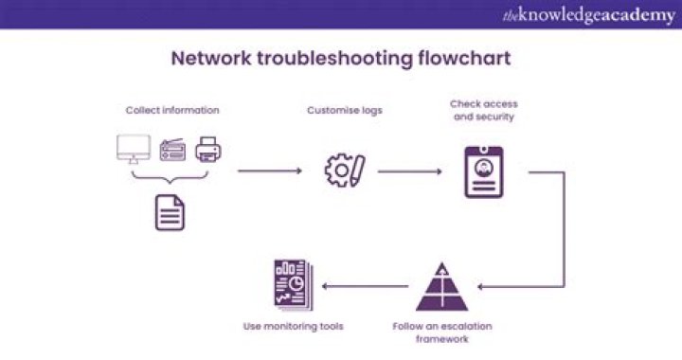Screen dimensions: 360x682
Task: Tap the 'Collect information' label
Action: [172, 110]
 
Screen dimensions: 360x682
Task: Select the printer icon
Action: [207, 150]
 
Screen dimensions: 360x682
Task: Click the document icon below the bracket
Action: [170, 211]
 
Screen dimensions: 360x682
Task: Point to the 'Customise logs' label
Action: [345, 110]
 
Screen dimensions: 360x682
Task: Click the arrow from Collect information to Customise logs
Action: [269, 171]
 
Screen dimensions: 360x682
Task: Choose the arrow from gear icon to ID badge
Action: [410, 171]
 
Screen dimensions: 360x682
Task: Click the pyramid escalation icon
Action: [442, 287]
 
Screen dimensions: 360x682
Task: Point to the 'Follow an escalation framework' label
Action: [442, 332]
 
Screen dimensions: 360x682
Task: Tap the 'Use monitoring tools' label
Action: [293, 326]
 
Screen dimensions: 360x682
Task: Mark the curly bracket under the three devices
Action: [170, 178]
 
